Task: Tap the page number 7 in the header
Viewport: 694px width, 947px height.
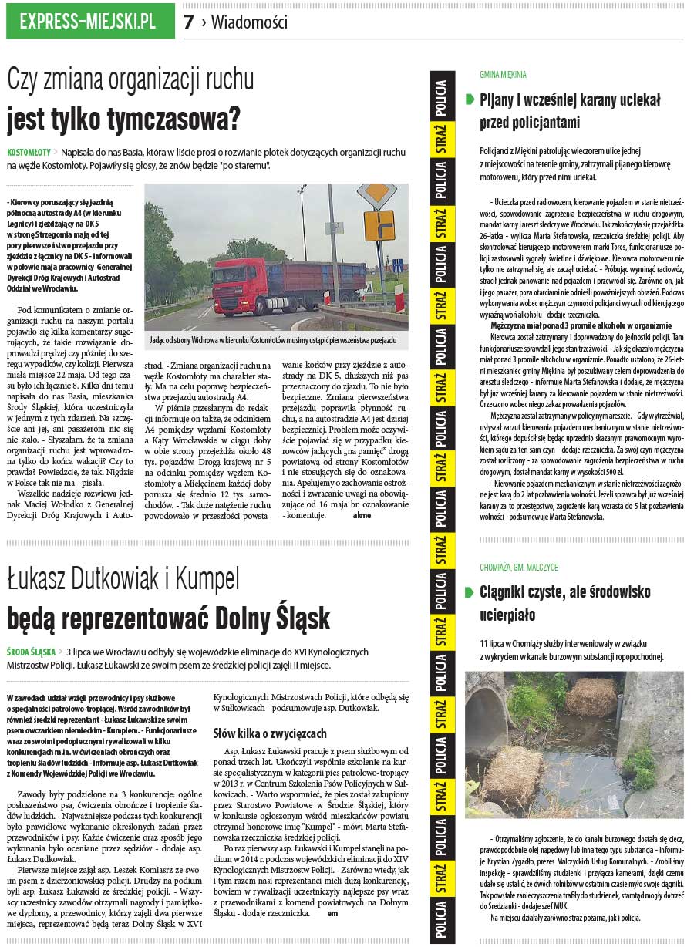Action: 189,22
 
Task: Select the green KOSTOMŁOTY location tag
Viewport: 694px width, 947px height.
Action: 29,151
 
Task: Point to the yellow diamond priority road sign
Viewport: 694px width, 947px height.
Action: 378,194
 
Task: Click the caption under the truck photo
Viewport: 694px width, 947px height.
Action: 276,339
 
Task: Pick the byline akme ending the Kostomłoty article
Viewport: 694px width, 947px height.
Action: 361,515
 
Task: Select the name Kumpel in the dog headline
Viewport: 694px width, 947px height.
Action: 208,578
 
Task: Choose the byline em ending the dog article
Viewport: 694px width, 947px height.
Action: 332,913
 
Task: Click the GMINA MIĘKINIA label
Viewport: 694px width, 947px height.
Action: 503,75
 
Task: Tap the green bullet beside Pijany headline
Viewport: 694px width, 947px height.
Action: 470,99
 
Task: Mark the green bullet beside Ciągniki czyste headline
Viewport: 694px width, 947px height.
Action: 470,592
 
